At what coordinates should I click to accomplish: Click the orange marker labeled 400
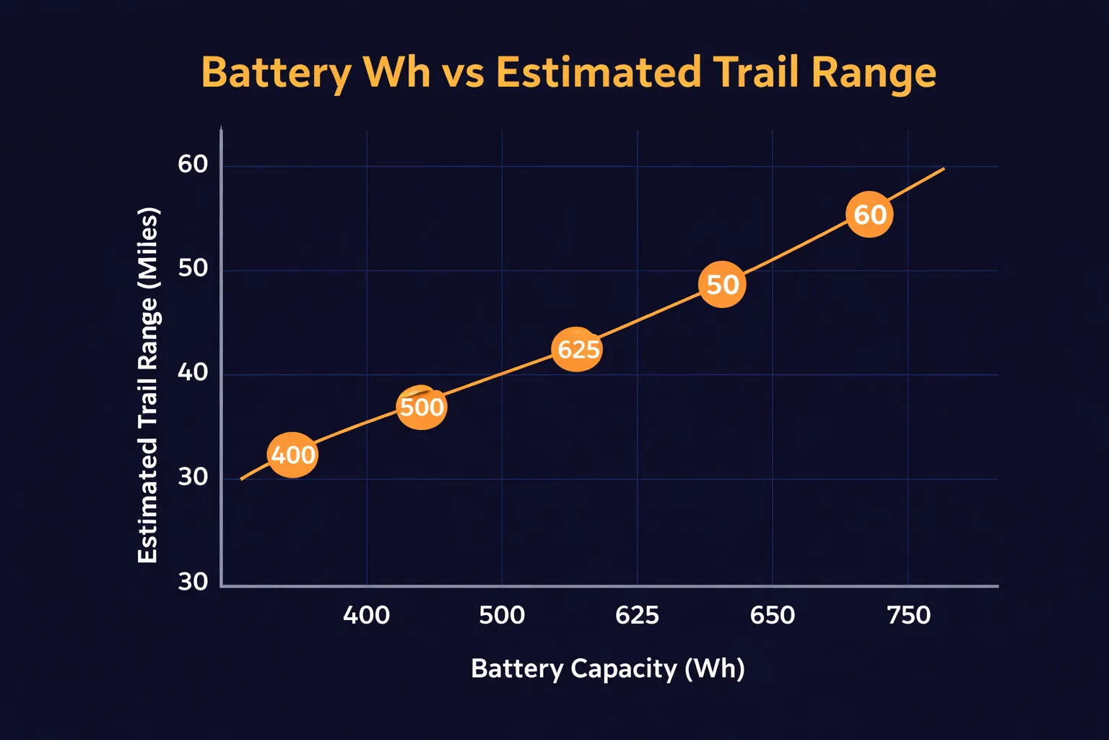tap(292, 455)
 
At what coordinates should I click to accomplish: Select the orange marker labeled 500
tap(422, 408)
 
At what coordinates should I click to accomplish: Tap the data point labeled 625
tap(576, 349)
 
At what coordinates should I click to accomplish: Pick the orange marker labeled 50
tap(722, 285)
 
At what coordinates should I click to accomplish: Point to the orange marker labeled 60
tap(869, 215)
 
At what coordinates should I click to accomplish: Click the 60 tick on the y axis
tap(193, 165)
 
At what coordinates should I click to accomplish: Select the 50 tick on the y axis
tap(193, 269)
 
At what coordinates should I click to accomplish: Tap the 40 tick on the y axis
tap(193, 373)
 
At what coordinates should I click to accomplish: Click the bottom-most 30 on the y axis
tap(193, 582)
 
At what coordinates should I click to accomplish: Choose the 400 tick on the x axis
tap(367, 615)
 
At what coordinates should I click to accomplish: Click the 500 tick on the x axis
tap(502, 615)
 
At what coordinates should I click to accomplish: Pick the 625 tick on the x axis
tap(637, 615)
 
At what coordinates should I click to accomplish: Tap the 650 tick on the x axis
tap(773, 615)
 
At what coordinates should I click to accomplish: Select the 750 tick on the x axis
tap(908, 615)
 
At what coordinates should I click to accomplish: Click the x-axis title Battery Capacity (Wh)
tap(607, 668)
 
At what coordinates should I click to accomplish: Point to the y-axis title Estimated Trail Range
tap(147, 384)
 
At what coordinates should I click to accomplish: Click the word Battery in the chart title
tap(277, 73)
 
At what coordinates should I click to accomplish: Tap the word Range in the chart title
tap(873, 73)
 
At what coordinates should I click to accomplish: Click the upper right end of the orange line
tap(943, 168)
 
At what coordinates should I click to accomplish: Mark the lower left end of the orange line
tap(242, 479)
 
